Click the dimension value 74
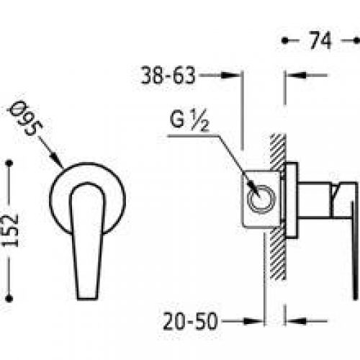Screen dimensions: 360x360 321,42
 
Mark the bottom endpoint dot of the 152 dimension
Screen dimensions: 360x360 9,293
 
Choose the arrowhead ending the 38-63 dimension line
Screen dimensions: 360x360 240,74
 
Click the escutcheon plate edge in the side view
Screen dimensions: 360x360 291,199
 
